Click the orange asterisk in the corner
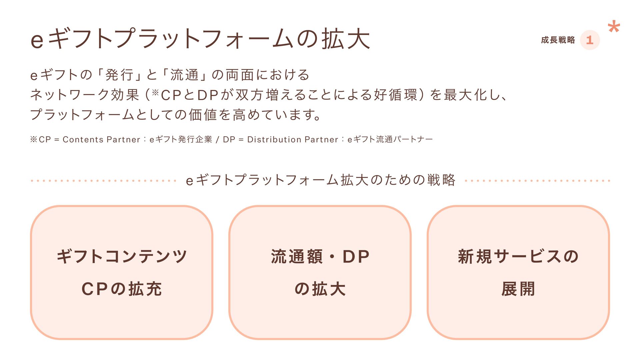click(x=614, y=27)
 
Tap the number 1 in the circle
click(x=590, y=40)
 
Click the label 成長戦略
click(x=558, y=40)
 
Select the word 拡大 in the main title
click(x=346, y=39)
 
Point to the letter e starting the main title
click(x=37, y=40)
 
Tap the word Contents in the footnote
click(x=83, y=139)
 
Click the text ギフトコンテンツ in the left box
click(x=122, y=257)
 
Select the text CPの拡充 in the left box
click(x=122, y=289)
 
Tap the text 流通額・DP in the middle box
click(x=320, y=257)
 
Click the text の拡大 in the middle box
click(x=320, y=289)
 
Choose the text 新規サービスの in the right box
click(x=518, y=257)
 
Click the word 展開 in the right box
click(x=518, y=289)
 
